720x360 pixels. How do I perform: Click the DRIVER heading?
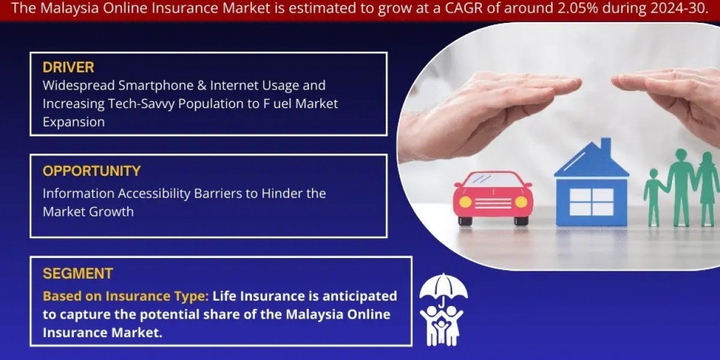[x=68, y=67]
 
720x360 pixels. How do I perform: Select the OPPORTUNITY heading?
[x=91, y=171]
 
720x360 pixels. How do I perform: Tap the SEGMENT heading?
[x=77, y=274]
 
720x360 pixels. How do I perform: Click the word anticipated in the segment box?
[x=363, y=296]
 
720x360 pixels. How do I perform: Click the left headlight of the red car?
[x=465, y=202]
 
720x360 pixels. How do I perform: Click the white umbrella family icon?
[x=442, y=310]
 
